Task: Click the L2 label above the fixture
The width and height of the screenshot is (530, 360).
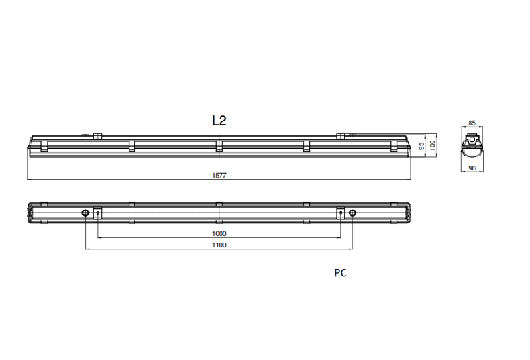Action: (x=219, y=121)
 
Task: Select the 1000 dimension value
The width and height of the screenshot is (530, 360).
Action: (x=219, y=233)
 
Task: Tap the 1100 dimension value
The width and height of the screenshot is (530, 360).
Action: (x=219, y=245)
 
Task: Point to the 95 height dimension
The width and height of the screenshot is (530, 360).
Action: (x=421, y=148)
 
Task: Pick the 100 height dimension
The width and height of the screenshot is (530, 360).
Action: (x=432, y=145)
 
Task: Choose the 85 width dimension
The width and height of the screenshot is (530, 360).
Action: (x=472, y=123)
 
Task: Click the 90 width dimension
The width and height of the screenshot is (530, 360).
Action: (x=472, y=169)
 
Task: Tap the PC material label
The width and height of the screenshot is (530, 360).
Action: (x=341, y=272)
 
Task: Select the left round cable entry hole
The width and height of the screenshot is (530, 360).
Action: (x=86, y=213)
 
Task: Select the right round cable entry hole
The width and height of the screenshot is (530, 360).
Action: (x=352, y=213)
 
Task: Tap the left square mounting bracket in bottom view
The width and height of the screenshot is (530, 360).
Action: (x=98, y=213)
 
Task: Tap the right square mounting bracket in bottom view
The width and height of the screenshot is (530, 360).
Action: (x=341, y=213)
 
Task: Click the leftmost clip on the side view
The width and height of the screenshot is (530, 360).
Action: (x=44, y=145)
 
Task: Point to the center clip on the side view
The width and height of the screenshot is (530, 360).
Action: (x=219, y=145)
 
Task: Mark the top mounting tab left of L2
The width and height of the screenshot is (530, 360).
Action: (x=97, y=136)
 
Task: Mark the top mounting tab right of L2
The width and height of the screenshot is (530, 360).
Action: (x=341, y=136)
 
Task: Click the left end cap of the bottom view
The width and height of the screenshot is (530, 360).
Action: (x=31, y=213)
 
